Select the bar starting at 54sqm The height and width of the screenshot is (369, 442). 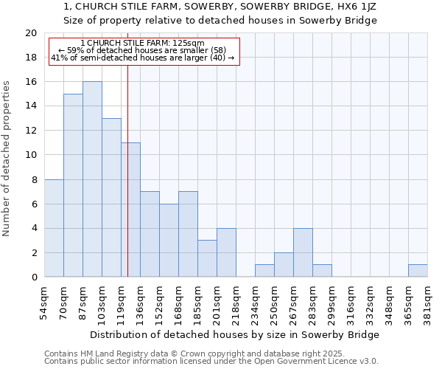[54, 228]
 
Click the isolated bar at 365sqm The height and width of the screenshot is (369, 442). [418, 271]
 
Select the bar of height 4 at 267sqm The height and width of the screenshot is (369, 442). [303, 252]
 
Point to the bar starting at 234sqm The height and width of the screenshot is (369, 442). [264, 271]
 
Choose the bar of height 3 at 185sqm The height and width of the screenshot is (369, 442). [207, 258]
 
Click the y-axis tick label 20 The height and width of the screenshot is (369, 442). [30, 33]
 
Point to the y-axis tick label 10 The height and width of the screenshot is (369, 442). [30, 155]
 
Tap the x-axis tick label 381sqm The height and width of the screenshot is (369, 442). [427, 303]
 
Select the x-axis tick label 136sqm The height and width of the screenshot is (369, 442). [140, 303]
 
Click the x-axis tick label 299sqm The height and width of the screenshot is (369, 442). [331, 303]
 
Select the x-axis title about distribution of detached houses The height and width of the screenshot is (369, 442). [236, 334]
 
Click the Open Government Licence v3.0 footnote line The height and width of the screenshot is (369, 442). [211, 361]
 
